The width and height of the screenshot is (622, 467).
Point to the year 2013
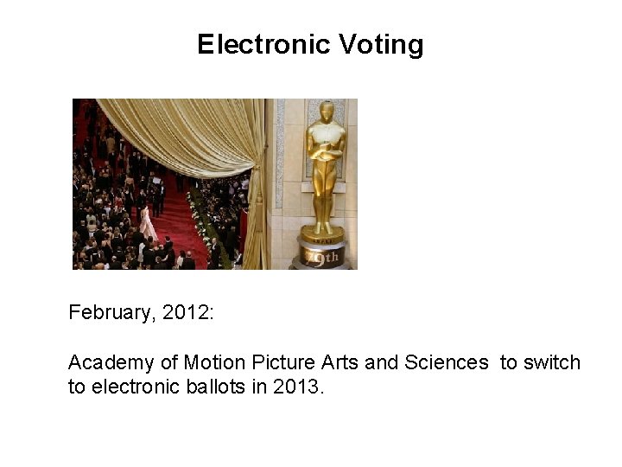297,386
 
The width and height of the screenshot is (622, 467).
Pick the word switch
552,362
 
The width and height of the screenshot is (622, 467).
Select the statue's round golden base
322,233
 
